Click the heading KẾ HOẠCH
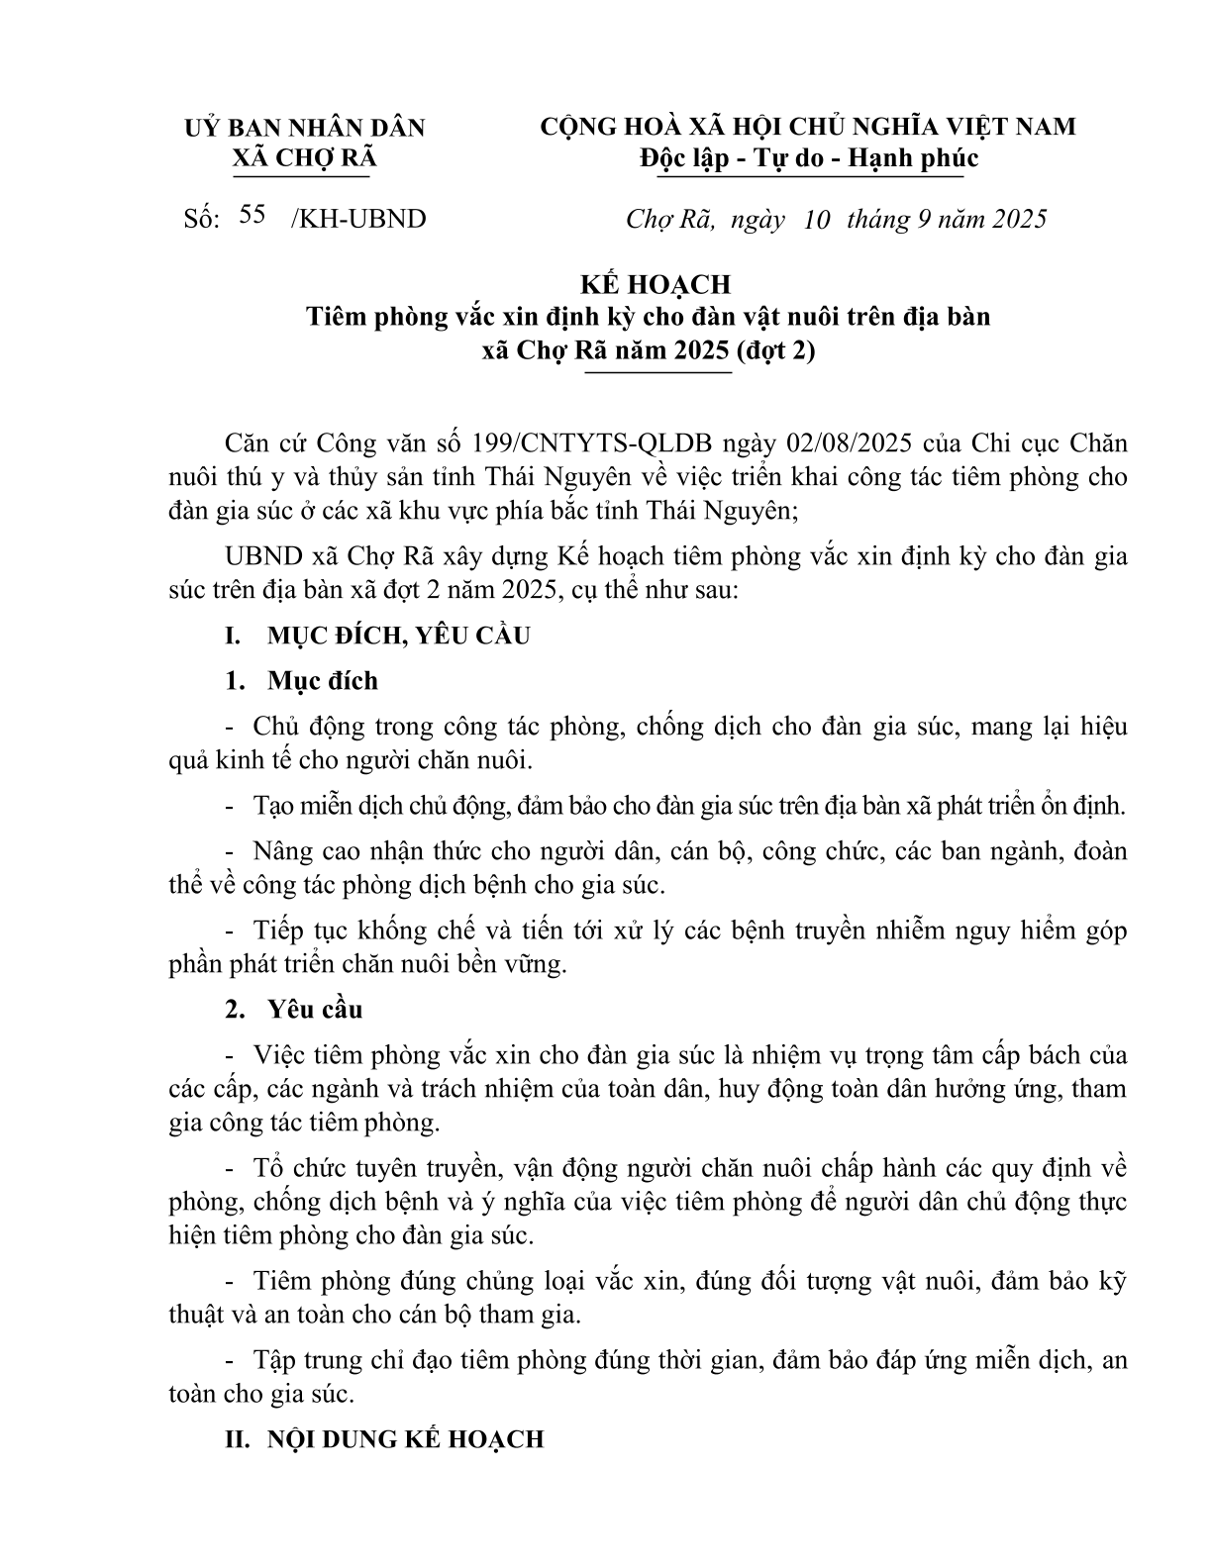click(x=655, y=284)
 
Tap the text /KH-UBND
click(x=358, y=219)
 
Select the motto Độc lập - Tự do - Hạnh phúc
click(x=808, y=158)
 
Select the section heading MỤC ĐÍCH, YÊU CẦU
click(x=398, y=635)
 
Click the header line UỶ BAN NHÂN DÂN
click(x=305, y=127)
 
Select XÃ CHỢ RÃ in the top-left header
click(x=303, y=158)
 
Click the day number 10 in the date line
click(x=817, y=219)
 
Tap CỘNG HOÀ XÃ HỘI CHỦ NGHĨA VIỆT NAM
click(x=808, y=127)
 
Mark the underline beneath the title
click(x=658, y=372)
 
